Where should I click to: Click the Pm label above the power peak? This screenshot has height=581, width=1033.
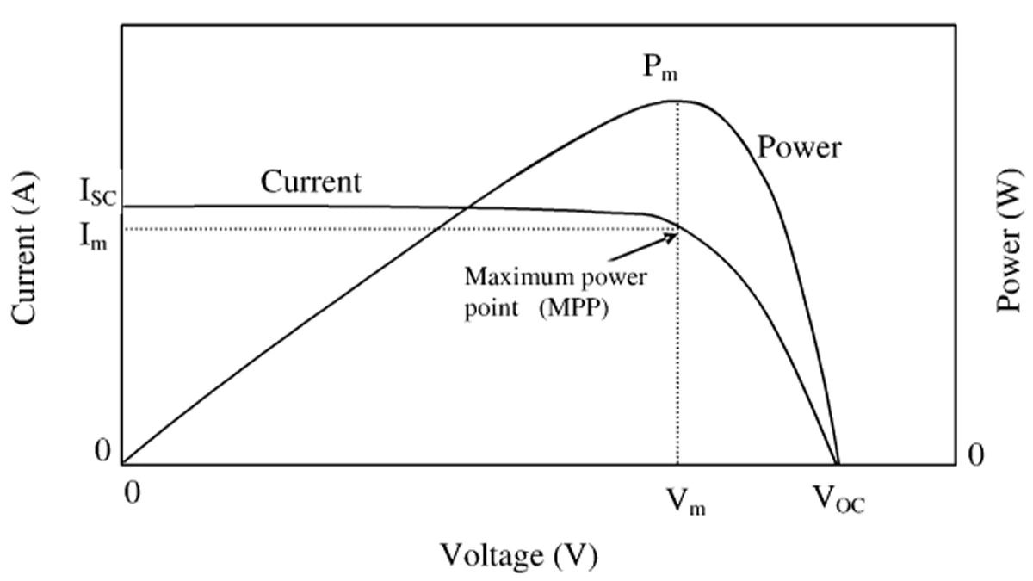coord(660,69)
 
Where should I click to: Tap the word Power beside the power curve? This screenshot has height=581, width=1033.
coord(799,147)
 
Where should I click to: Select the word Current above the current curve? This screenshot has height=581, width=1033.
coord(311,182)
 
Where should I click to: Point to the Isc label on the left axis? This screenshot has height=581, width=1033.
coord(98,192)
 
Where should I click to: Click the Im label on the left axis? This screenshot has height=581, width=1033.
coord(94,237)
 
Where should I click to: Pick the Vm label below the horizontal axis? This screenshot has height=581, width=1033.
coord(686,502)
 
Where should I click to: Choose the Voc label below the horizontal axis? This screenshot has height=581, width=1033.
coord(838,500)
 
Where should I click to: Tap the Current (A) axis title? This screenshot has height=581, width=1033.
coord(24,248)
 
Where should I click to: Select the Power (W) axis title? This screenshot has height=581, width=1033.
coord(1009,241)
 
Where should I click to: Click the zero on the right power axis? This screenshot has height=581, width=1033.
coord(975,454)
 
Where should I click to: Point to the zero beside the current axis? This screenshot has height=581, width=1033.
coord(102,450)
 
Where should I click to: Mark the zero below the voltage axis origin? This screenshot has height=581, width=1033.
coord(132,493)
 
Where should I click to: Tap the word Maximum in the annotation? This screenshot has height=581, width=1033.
coord(513,277)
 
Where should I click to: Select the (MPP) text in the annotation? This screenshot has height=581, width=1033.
coord(573,307)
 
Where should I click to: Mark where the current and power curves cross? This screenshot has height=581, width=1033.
coord(467,207)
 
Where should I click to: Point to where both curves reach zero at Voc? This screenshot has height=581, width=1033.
coord(838,464)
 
